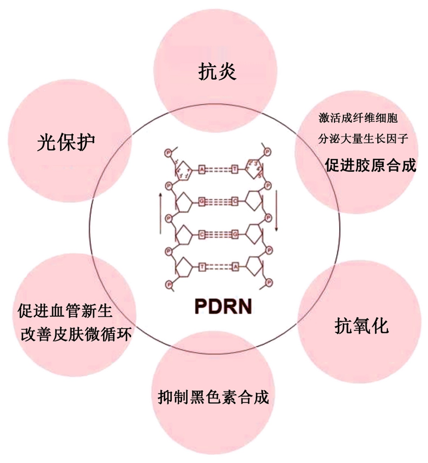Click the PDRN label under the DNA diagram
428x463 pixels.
point(219,308)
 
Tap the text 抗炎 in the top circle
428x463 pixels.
point(217,71)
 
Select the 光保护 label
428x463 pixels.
point(66,143)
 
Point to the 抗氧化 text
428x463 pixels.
point(362,325)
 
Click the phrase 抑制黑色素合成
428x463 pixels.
point(213,396)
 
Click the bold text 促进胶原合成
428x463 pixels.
point(371,166)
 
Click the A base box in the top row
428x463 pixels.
point(202,170)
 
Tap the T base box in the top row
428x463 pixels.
point(235,170)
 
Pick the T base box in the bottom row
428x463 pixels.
point(202,265)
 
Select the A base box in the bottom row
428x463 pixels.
point(235,265)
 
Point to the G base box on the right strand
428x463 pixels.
point(235,234)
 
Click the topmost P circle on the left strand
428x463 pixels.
point(169,152)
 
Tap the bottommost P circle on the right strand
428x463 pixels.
point(268,282)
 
